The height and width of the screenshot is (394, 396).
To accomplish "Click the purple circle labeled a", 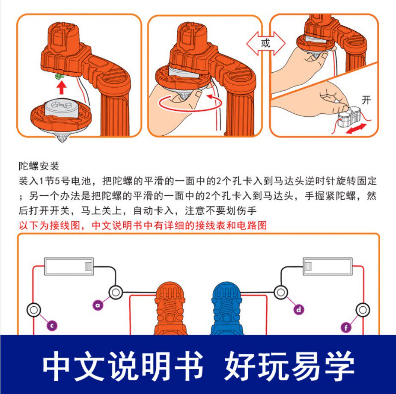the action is tap(98, 305).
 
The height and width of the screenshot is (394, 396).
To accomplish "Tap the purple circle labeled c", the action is tap(52, 326).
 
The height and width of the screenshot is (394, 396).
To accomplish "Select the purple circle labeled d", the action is tap(299, 309).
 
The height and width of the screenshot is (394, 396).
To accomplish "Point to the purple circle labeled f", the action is tap(346, 328).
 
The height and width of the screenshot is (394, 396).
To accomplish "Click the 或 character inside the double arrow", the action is tap(265, 43).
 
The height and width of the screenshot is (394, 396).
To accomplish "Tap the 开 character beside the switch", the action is tap(366, 100).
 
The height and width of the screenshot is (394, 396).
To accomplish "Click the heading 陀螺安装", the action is tap(39, 166).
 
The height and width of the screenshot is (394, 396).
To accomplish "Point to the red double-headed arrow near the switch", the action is tap(356, 128).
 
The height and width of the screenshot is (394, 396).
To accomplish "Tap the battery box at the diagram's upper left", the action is tap(69, 266).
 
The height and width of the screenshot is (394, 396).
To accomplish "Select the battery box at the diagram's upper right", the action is tap(328, 266).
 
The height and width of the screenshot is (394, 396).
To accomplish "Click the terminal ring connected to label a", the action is tap(116, 292).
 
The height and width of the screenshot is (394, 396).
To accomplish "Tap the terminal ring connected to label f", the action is tap(363, 310).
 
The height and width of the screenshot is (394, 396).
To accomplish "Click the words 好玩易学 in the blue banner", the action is tap(289, 366).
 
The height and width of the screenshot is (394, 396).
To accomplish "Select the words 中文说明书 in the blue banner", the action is tap(123, 366).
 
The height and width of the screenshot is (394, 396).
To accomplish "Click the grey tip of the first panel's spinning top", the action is tap(62, 138).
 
